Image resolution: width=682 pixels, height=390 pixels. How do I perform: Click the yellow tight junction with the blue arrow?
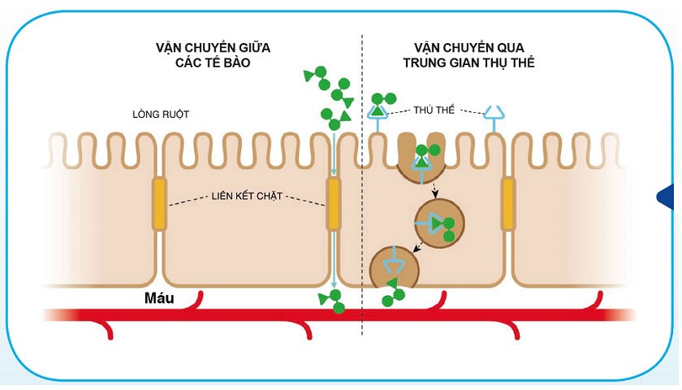point(333,204)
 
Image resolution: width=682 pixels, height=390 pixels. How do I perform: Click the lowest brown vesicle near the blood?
point(394,267)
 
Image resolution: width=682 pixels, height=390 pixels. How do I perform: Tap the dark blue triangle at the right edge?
point(670,196)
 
